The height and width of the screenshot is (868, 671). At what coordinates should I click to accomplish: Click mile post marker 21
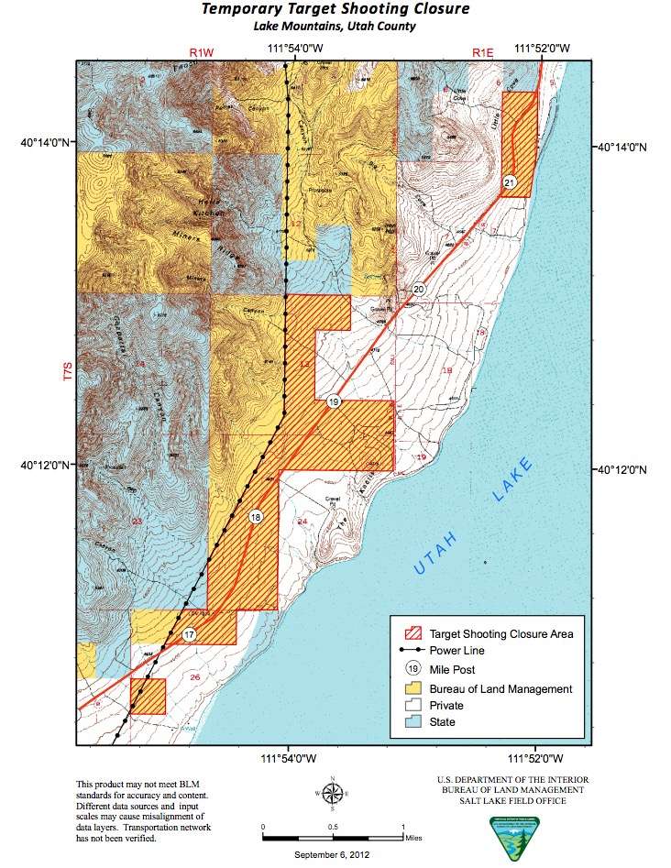click(x=511, y=183)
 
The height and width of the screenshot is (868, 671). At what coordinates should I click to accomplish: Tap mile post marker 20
click(x=419, y=289)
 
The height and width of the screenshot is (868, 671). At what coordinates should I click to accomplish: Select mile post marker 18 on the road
click(x=256, y=518)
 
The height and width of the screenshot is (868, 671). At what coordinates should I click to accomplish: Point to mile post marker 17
click(x=190, y=634)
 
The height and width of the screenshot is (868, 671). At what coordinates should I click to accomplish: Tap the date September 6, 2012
click(x=334, y=855)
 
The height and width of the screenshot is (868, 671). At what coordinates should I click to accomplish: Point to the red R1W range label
click(x=201, y=54)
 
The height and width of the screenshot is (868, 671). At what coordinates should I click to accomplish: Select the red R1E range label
click(x=483, y=54)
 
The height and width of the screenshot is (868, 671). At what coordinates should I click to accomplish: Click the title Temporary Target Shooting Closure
click(x=335, y=10)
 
